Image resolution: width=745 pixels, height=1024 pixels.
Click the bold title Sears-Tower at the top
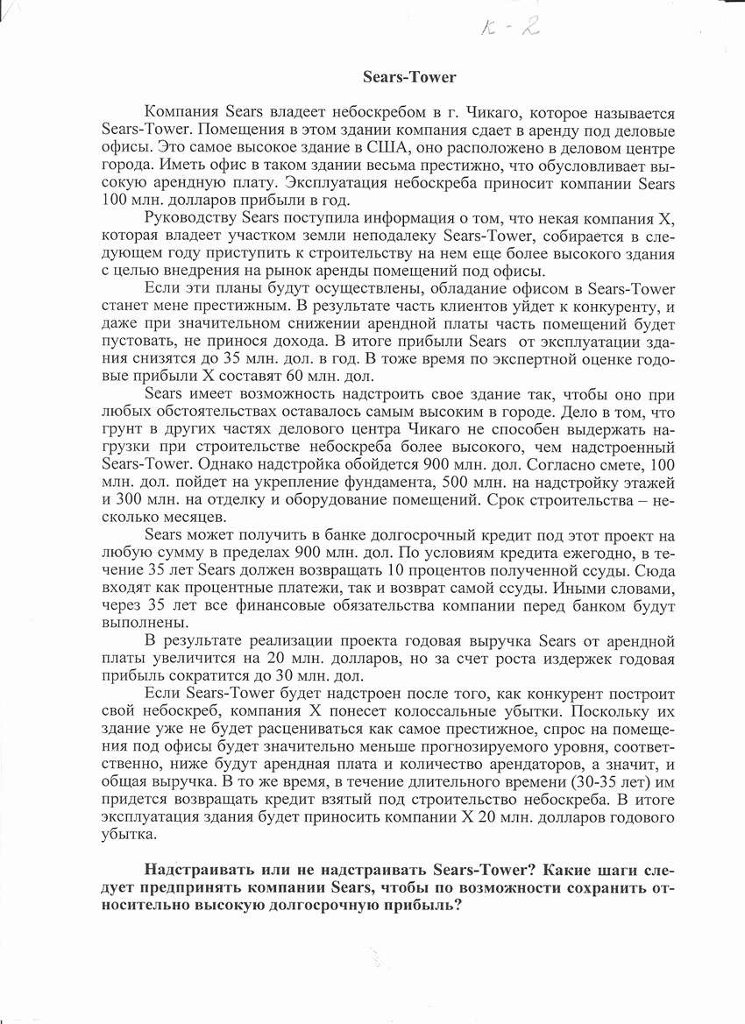click(x=409, y=77)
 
